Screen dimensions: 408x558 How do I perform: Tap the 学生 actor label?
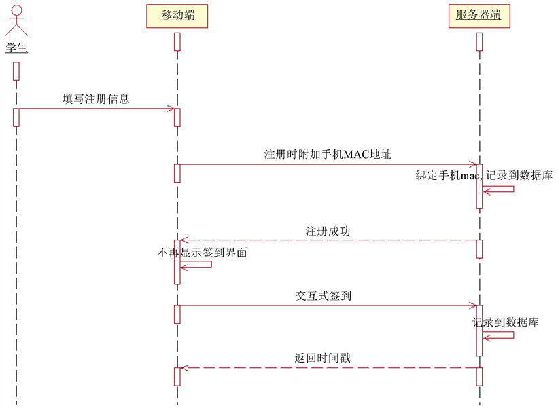16,48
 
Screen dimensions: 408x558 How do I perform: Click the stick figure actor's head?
16,8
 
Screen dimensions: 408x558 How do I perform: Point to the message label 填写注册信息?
96,98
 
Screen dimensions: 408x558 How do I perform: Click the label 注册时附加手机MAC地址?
328,154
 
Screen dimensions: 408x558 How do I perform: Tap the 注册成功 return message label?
328,231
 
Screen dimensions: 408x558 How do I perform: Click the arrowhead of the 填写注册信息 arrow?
171,109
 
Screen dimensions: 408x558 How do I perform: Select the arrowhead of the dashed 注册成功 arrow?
183,240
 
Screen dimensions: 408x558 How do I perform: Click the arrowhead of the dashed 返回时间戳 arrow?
183,367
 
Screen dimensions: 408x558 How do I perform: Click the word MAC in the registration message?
355,154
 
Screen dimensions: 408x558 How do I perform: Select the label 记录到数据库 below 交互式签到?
506,322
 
